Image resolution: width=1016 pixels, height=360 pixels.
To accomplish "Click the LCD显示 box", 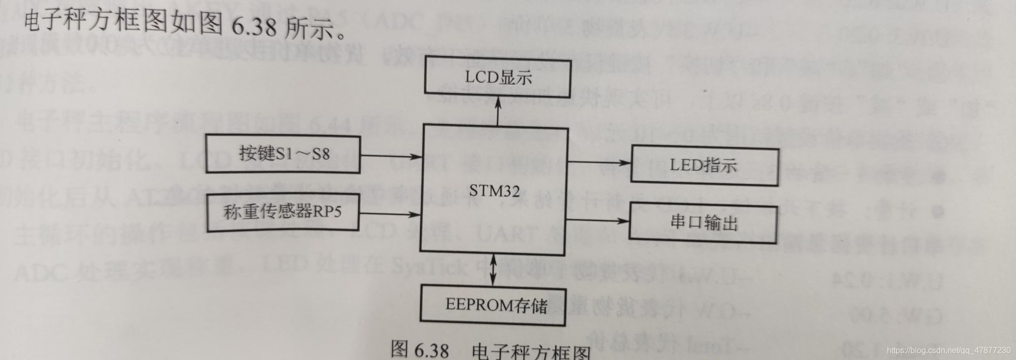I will coord(497,77).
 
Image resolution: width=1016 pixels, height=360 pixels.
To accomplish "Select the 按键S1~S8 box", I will coord(283,154).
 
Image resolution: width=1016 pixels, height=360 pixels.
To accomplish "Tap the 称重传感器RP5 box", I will coord(282,211).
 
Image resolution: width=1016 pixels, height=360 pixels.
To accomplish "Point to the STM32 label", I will coord(494,191).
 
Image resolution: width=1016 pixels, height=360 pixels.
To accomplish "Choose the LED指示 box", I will coord(704,165).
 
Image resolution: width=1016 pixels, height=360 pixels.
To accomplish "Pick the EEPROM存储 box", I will coord(493,305).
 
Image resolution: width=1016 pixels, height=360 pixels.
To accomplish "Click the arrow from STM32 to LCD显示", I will coord(498,111).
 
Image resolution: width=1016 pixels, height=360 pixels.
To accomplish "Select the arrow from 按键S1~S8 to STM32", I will coord(390,156).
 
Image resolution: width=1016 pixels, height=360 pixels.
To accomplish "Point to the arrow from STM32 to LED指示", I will coord(598,162).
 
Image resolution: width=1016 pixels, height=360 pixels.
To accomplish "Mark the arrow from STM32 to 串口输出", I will coord(597,220).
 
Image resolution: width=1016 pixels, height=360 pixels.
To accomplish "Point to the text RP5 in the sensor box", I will coord(326,211).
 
